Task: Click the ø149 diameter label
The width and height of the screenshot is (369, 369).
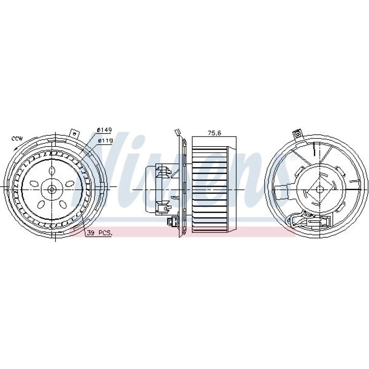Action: (104, 130)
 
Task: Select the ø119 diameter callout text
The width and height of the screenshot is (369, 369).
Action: (105, 141)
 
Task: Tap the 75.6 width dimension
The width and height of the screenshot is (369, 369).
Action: (214, 133)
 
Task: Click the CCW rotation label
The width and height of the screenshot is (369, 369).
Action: (17, 138)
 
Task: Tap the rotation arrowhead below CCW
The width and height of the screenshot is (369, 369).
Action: (15, 148)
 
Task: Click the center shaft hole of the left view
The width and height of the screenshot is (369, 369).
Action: (52, 189)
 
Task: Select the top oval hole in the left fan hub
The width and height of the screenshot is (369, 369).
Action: (52, 171)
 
